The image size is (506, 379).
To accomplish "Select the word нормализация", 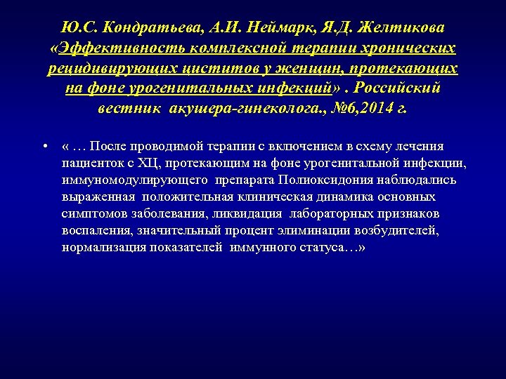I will [102, 247].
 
